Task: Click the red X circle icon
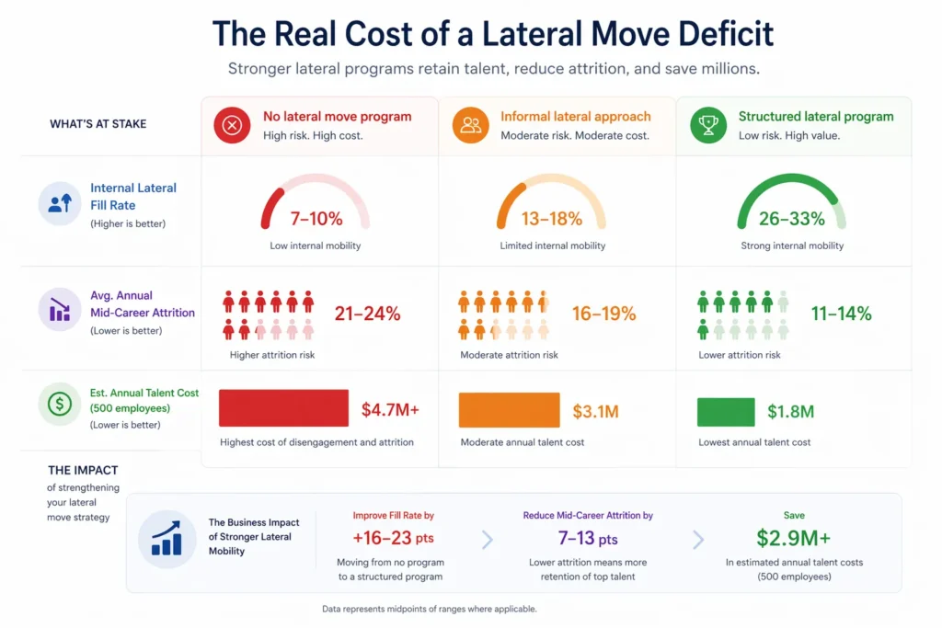click(x=231, y=125)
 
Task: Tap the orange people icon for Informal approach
click(x=470, y=125)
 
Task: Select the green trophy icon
click(x=707, y=125)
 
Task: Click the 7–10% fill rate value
click(x=316, y=219)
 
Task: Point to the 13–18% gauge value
click(x=553, y=219)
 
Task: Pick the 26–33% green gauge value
click(x=791, y=219)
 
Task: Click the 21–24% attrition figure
click(x=367, y=314)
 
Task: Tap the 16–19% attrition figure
click(x=603, y=314)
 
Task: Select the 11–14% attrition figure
click(x=841, y=314)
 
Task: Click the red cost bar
click(x=283, y=408)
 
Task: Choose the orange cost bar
click(x=509, y=410)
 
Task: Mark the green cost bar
click(x=726, y=412)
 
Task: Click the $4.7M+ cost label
click(x=390, y=410)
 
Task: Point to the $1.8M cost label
click(x=790, y=412)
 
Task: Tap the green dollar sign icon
click(x=59, y=403)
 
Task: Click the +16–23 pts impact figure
click(x=393, y=538)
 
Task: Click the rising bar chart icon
click(x=167, y=539)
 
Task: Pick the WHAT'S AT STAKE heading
click(x=98, y=124)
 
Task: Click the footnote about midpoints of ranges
click(x=429, y=609)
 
